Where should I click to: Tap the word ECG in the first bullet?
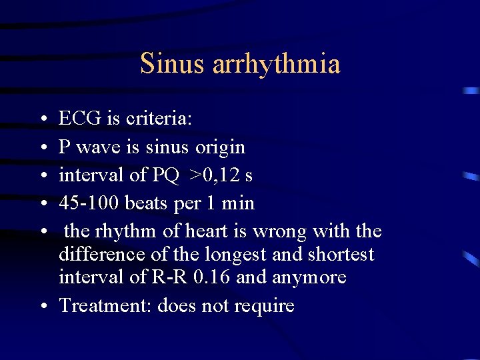[79, 119]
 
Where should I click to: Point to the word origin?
[221, 147]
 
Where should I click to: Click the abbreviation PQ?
[166, 175]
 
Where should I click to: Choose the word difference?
[99, 254]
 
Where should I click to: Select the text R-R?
[161, 277]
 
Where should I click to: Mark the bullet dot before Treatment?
[43, 307]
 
